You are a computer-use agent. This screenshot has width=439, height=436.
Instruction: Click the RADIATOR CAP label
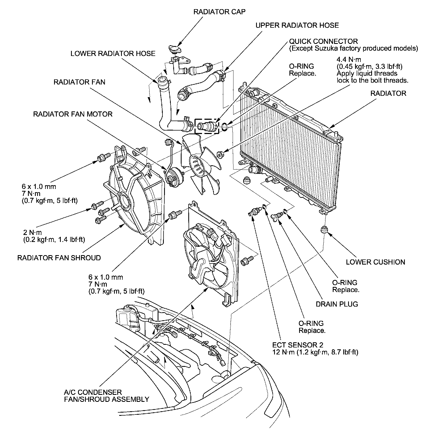coord(219,12)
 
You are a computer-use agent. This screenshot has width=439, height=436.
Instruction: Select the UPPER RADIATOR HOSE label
coord(297,25)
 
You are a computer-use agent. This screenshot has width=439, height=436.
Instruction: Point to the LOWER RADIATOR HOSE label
coord(113,53)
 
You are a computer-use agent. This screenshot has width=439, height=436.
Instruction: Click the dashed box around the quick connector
coord(207,126)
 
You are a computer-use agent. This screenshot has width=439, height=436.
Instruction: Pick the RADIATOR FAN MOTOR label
coord(73,114)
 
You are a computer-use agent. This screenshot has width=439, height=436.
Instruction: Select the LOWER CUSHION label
coord(375,262)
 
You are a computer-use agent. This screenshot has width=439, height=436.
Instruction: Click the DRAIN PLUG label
coord(337,304)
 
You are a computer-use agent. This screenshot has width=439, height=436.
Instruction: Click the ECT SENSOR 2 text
coord(298,345)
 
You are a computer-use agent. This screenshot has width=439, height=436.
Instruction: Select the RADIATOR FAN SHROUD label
coord(59,258)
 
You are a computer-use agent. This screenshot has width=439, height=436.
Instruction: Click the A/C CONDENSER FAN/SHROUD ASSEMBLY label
coord(106,396)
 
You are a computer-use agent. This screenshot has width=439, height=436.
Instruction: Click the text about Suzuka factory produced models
coord(353,48)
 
